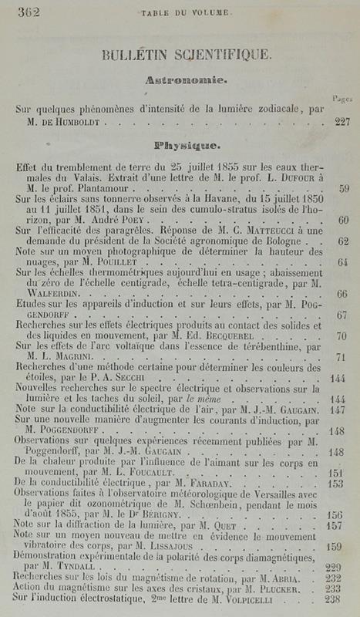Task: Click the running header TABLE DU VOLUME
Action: (178, 11)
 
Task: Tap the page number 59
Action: (344, 187)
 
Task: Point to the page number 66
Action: (342, 294)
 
